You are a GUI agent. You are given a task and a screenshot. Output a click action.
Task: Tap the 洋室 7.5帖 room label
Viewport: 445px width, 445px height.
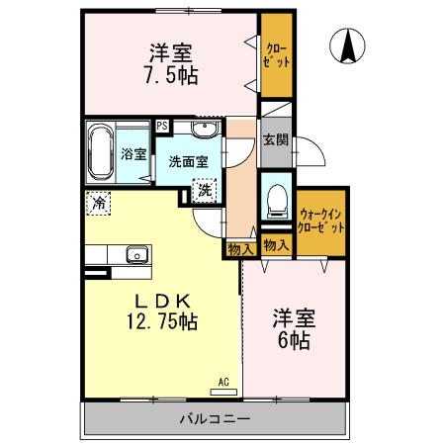(x=170, y=63)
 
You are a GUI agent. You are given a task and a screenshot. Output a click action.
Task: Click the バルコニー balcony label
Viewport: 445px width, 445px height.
(x=214, y=419)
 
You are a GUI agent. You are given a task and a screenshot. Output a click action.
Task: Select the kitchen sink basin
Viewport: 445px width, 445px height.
(x=134, y=258)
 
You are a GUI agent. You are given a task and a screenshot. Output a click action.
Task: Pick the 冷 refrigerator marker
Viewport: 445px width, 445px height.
(x=99, y=202)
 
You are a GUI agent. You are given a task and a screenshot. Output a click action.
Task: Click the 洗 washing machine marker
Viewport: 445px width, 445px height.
(x=203, y=189)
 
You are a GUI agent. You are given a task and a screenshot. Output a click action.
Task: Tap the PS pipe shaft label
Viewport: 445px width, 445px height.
(x=161, y=126)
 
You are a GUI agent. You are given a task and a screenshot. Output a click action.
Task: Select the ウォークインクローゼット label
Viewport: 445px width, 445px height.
(x=321, y=219)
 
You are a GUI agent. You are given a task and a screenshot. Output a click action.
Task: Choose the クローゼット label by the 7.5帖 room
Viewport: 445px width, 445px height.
(x=277, y=55)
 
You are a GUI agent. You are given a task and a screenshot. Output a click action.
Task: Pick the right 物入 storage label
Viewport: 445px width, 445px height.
(x=276, y=245)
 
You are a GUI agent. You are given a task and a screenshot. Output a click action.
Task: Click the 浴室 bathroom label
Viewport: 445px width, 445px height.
(x=133, y=154)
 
